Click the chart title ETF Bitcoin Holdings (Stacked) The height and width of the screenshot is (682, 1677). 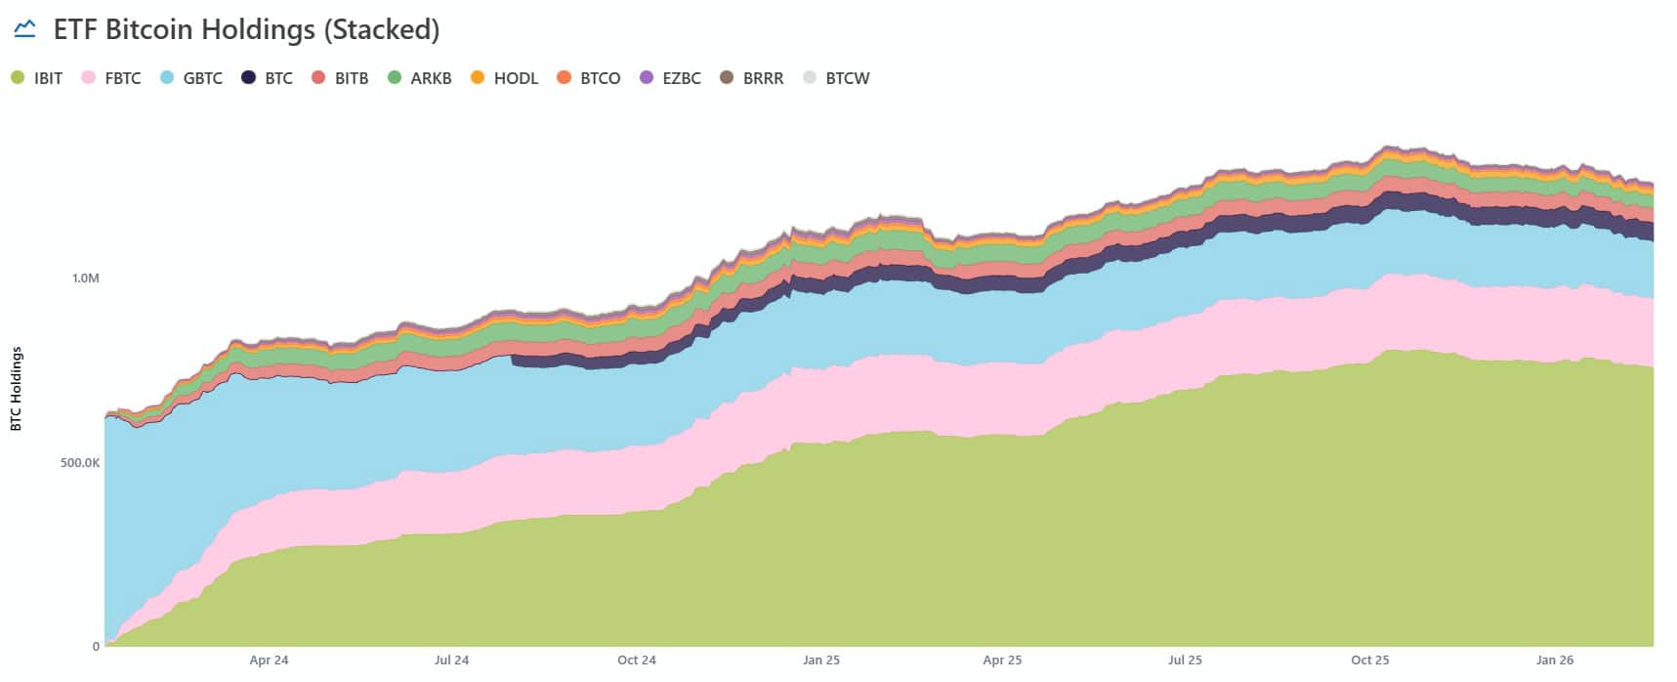[246, 29]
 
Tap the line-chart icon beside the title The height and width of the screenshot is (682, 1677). [24, 29]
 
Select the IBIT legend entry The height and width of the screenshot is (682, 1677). [37, 78]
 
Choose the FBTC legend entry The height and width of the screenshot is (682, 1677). [111, 78]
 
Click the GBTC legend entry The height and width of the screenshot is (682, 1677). [191, 78]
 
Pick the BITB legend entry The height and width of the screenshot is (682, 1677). [340, 78]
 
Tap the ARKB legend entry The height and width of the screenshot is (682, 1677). [420, 78]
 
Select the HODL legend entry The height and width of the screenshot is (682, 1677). [504, 78]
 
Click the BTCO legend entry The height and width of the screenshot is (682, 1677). [589, 78]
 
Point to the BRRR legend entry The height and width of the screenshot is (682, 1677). [752, 78]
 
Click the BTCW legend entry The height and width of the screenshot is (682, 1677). [836, 78]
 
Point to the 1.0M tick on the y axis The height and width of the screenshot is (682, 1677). [85, 278]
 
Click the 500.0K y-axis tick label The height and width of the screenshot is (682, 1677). [79, 462]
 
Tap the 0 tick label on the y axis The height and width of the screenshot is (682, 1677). [96, 646]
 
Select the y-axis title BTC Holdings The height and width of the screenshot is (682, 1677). [16, 389]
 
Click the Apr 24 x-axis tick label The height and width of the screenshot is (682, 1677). [269, 661]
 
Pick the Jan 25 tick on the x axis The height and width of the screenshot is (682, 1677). [820, 661]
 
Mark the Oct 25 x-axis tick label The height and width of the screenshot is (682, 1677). [1369, 661]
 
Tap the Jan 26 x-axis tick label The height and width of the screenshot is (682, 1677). [1554, 661]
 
